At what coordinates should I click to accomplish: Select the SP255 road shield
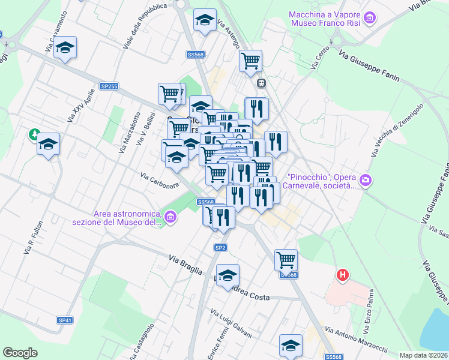(109, 86)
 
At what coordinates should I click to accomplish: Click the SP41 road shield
(65, 320)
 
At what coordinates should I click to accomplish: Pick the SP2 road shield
(220, 247)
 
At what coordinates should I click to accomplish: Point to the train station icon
(261, 83)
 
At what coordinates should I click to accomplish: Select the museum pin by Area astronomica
(170, 216)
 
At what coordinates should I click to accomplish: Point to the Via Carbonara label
(160, 180)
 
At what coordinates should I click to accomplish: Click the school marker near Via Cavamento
(65, 48)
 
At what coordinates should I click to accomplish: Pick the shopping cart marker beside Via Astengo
(250, 60)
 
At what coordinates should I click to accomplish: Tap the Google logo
(20, 353)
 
